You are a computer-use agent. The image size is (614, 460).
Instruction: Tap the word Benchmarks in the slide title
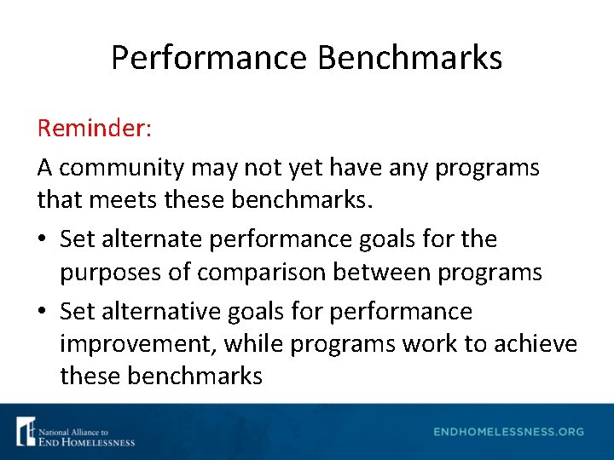tap(409, 58)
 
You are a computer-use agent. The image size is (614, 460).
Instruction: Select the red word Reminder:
tap(95, 129)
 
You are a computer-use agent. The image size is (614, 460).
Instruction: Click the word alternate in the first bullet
tap(149, 239)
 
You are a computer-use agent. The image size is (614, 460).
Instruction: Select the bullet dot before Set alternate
tap(43, 240)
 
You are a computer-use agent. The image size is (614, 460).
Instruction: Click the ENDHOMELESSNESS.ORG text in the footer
tap(509, 432)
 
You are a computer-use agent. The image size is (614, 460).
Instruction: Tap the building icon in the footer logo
tap(26, 431)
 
